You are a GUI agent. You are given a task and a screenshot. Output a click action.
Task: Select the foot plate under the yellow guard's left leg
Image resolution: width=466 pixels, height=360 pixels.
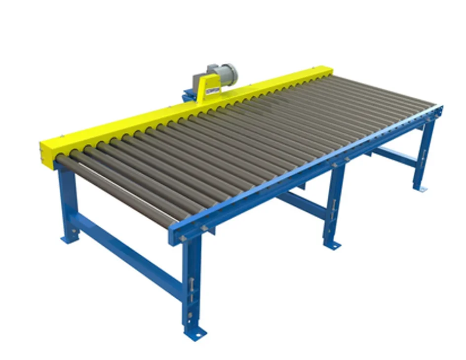click(x=69, y=240)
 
